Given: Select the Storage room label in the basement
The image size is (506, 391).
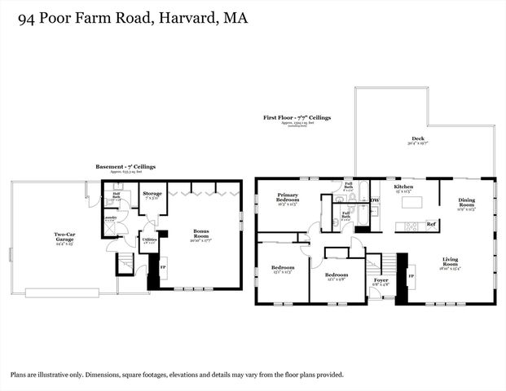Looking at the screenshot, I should pyautogui.click(x=152, y=194).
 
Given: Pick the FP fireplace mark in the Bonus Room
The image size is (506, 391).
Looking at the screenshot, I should pyautogui.click(x=162, y=267).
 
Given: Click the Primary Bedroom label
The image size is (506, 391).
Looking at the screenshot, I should pyautogui.click(x=288, y=198).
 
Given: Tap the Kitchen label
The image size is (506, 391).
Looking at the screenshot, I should pyautogui.click(x=403, y=187).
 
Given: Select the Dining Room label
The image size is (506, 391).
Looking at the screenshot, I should pyautogui.click(x=466, y=201).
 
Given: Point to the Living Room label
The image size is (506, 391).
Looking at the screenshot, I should pyautogui.click(x=450, y=261).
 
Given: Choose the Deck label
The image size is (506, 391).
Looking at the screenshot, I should pyautogui.click(x=418, y=139).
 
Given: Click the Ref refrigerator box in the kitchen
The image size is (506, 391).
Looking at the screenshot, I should pyautogui.click(x=431, y=224).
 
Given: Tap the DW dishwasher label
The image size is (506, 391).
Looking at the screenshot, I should pyautogui.click(x=375, y=200).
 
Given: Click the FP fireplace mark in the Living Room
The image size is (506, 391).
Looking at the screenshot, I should pyautogui.click(x=410, y=276).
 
